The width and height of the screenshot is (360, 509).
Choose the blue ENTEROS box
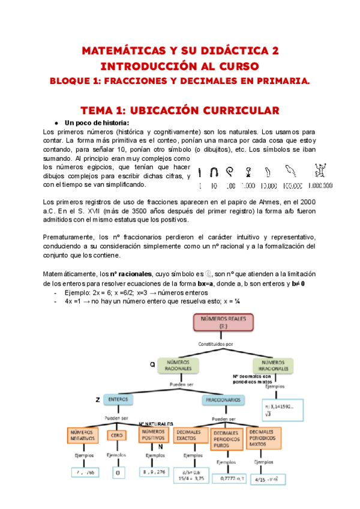tap(118, 399)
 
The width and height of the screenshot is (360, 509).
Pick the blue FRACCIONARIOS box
tap(223, 399)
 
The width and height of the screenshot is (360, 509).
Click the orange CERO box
tap(116, 436)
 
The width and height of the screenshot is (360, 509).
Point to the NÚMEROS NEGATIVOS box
tap(83, 436)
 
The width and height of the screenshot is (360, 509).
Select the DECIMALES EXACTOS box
tap(190, 436)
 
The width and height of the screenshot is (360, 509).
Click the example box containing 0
tap(117, 472)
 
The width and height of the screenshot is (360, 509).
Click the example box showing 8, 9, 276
tap(154, 472)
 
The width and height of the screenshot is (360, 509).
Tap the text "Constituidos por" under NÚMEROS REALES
tap(220, 344)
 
